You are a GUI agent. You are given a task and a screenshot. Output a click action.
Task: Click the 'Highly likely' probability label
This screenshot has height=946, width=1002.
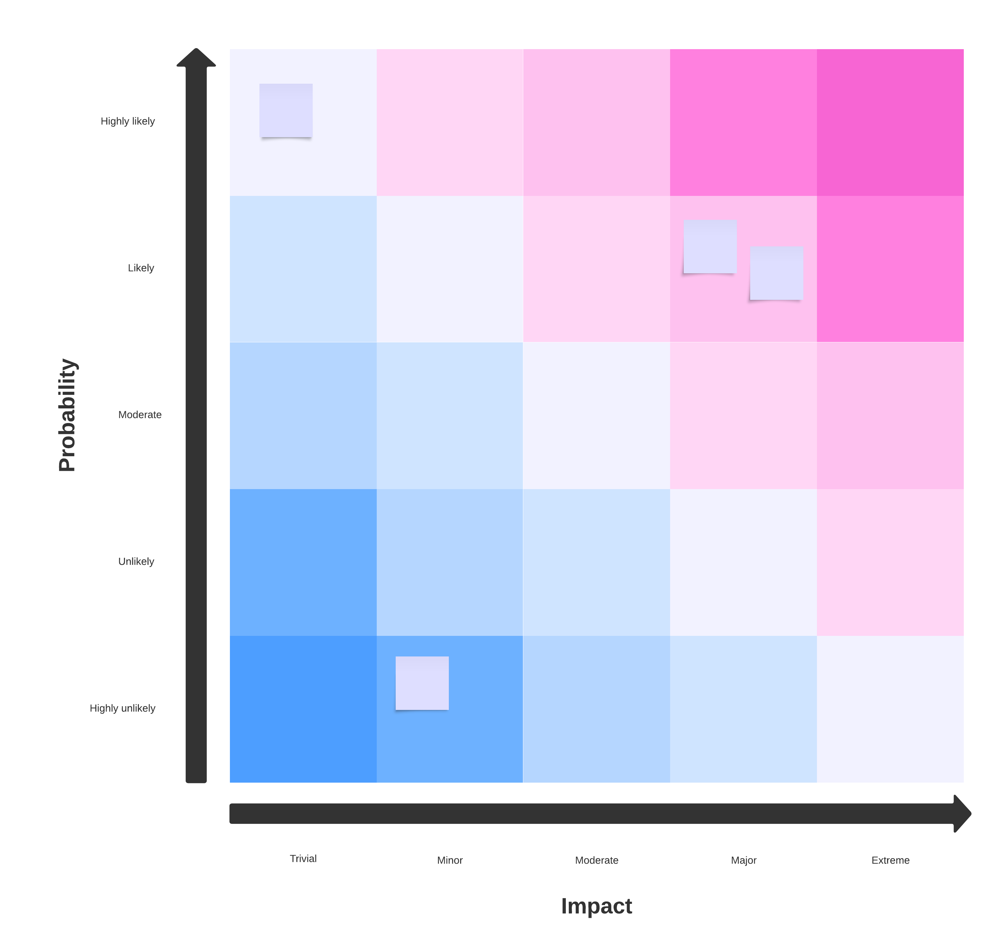click(128, 121)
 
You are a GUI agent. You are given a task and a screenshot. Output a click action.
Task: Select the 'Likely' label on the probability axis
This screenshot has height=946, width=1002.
click(141, 268)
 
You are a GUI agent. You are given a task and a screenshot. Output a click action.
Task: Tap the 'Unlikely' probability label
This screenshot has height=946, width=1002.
click(136, 561)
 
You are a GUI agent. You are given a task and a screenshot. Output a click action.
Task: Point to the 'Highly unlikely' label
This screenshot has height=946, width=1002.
click(123, 708)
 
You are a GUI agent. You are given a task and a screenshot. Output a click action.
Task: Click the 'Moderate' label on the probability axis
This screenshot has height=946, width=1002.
click(140, 414)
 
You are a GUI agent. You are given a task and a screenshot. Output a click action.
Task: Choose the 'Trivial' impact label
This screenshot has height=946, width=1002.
click(303, 858)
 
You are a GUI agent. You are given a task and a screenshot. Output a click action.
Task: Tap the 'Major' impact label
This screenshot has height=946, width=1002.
click(744, 860)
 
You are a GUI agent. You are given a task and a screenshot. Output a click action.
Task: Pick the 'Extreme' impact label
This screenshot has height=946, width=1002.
click(890, 860)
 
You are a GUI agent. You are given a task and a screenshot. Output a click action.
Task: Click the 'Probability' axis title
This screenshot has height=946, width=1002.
click(67, 415)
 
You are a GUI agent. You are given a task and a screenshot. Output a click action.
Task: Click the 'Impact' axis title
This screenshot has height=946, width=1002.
click(596, 906)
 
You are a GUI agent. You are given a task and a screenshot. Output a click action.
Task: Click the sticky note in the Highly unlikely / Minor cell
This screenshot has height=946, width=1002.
click(422, 683)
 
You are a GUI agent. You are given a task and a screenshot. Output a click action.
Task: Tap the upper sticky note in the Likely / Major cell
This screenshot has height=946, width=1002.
click(710, 246)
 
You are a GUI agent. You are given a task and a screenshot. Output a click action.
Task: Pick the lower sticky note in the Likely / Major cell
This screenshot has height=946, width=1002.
click(776, 273)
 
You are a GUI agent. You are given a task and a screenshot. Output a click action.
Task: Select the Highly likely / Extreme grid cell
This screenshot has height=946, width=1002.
click(890, 122)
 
